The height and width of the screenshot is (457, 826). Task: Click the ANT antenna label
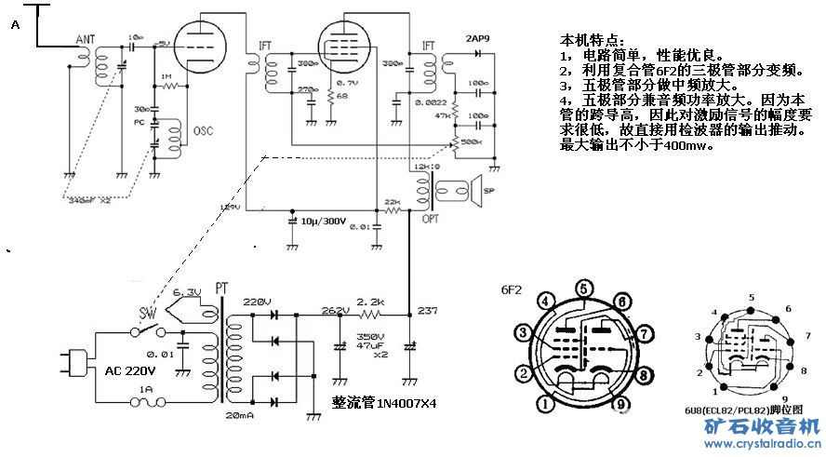point(86,39)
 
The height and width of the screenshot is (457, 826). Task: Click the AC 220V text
point(130,370)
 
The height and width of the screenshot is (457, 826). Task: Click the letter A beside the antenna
point(15,28)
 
